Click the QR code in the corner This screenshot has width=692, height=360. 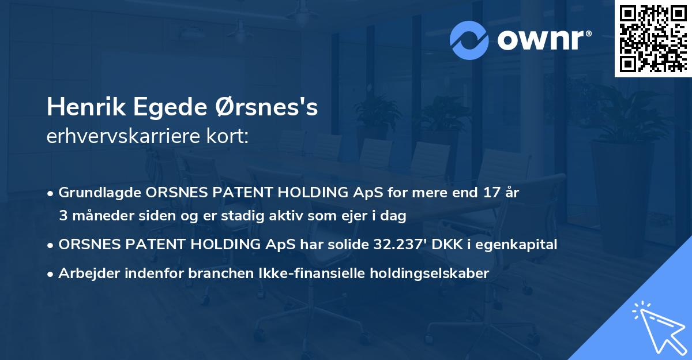point(653,38)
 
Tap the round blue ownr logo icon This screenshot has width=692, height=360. point(469,40)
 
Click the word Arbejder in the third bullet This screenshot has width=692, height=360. point(85,273)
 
